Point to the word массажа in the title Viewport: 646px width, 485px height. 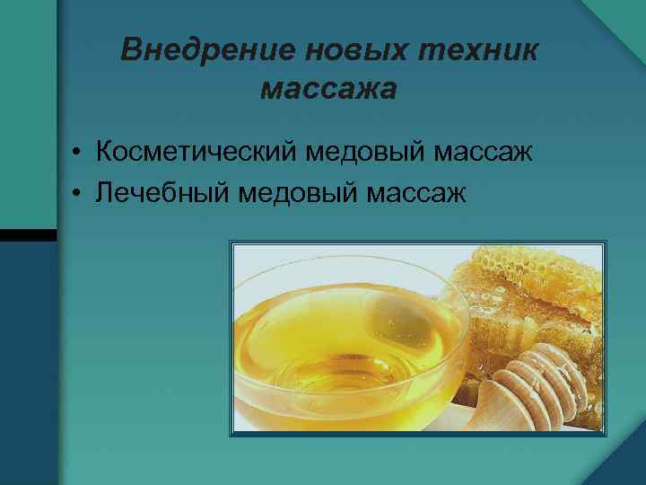coord(327,90)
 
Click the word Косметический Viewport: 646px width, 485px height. coord(198,152)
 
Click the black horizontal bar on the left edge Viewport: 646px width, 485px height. coord(27,234)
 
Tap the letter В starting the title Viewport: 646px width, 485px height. coord(131,50)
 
